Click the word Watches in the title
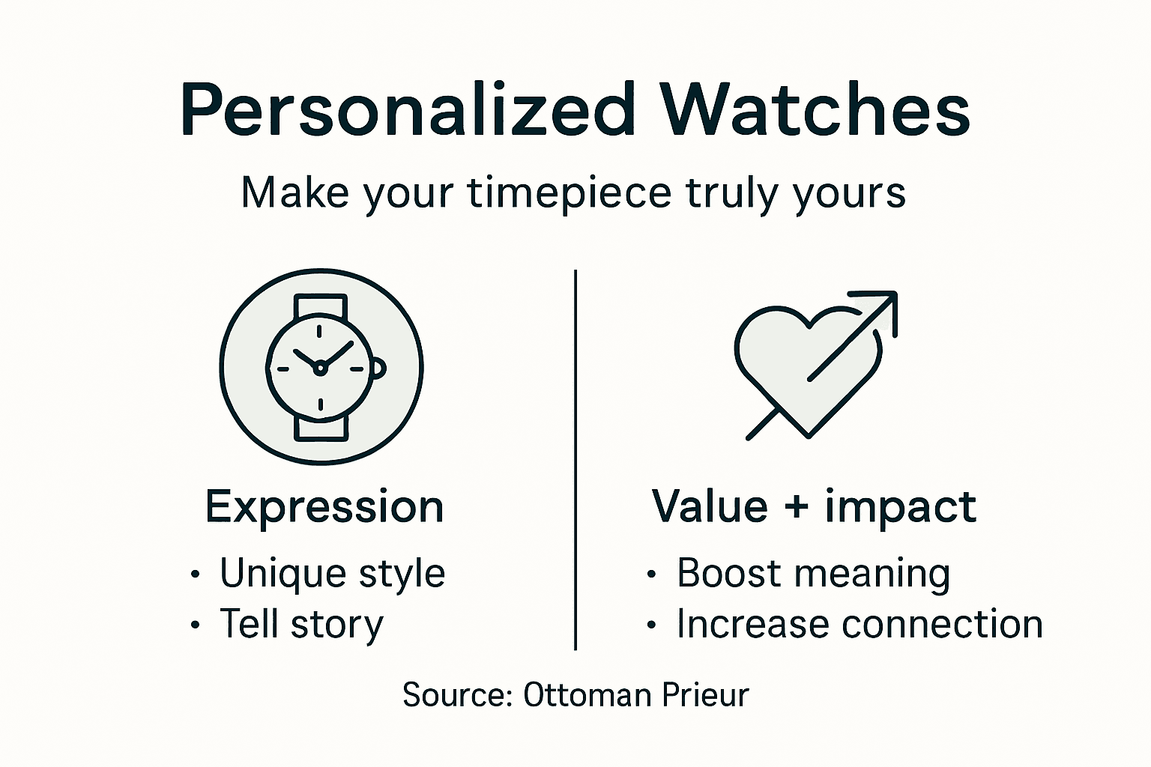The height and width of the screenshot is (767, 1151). click(x=815, y=111)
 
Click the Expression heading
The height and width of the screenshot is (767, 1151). click(x=324, y=507)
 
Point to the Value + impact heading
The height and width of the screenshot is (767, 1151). click(x=814, y=507)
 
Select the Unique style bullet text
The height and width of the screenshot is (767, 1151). click(x=332, y=574)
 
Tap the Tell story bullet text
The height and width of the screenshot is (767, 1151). click(x=301, y=625)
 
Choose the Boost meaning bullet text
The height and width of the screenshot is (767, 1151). click(x=813, y=574)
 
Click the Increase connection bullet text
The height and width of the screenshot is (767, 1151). click(x=859, y=625)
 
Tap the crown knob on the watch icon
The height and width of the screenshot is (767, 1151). click(x=379, y=368)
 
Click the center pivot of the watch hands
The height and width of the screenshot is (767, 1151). click(x=320, y=367)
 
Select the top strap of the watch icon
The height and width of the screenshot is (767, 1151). click(x=320, y=307)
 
